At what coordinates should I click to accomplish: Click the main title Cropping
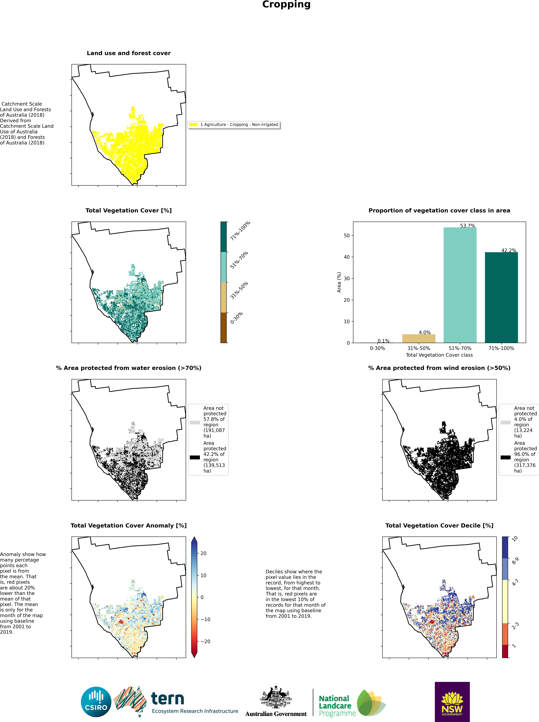pyautogui.click(x=286, y=5)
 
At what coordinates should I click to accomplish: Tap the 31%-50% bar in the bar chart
pyautogui.click(x=419, y=338)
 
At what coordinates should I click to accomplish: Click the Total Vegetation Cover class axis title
pyautogui.click(x=439, y=355)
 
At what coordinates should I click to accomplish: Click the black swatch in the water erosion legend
pyautogui.click(x=195, y=457)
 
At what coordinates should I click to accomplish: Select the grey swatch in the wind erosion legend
pyautogui.click(x=505, y=422)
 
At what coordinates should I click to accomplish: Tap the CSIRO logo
pyautogui.click(x=96, y=702)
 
